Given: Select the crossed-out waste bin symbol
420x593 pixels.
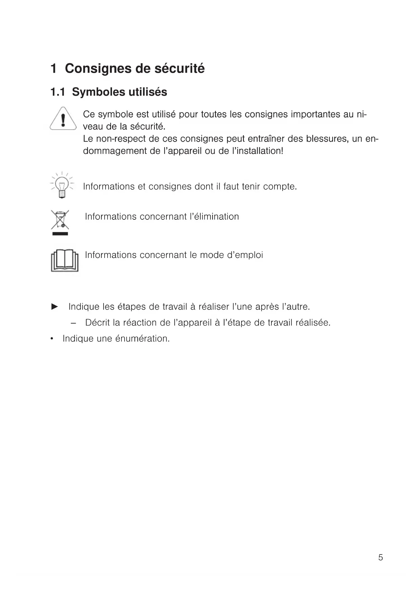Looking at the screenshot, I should tap(60, 221).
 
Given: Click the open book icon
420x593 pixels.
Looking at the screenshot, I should tap(64, 261).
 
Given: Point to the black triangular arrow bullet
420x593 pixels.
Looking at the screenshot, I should tap(54, 307).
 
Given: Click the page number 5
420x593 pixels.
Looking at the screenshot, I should tap(380, 558).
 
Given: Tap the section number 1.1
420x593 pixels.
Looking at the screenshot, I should tap(58, 92).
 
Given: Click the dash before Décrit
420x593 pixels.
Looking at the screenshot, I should tap(73, 323).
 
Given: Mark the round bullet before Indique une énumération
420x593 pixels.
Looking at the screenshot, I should tap(52, 339).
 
